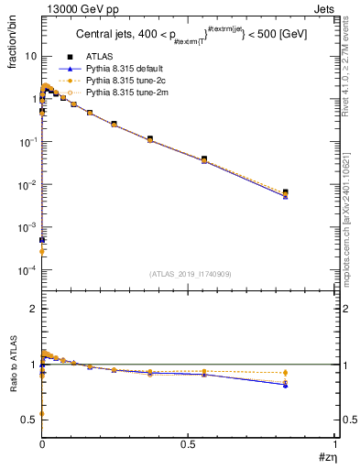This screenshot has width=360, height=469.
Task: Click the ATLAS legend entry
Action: point(100,57)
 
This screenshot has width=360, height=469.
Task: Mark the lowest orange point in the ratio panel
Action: point(42,414)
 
